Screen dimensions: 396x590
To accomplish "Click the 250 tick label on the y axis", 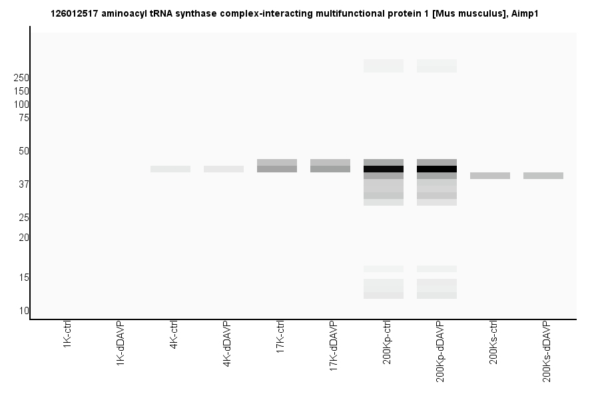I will click(x=21, y=78).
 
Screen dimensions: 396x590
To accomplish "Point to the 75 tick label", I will click(x=24, y=118).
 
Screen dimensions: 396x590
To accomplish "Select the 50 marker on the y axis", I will click(x=24, y=151).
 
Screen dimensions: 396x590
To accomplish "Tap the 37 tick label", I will click(x=24, y=184).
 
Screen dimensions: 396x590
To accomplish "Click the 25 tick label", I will click(x=24, y=218).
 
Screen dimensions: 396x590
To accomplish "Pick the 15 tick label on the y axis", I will click(x=24, y=278).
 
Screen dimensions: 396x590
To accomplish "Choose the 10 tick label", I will click(x=24, y=311).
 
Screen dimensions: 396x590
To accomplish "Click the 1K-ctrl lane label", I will click(x=67, y=336).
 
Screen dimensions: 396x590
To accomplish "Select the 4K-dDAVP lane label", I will click(x=227, y=344).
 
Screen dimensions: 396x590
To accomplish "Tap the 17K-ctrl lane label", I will click(x=280, y=338).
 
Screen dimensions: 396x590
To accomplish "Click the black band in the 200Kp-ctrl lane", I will click(x=384, y=169).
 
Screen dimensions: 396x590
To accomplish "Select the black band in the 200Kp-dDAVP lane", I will click(x=437, y=169).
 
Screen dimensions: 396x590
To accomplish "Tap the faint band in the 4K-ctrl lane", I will click(x=170, y=169).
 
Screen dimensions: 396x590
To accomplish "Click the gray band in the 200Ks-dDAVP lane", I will click(x=543, y=176).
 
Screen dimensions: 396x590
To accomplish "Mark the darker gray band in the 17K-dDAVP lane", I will click(x=330, y=169).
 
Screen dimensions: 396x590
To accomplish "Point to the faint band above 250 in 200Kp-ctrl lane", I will click(x=384, y=66).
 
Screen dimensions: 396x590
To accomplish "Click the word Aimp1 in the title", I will click(x=525, y=13).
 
